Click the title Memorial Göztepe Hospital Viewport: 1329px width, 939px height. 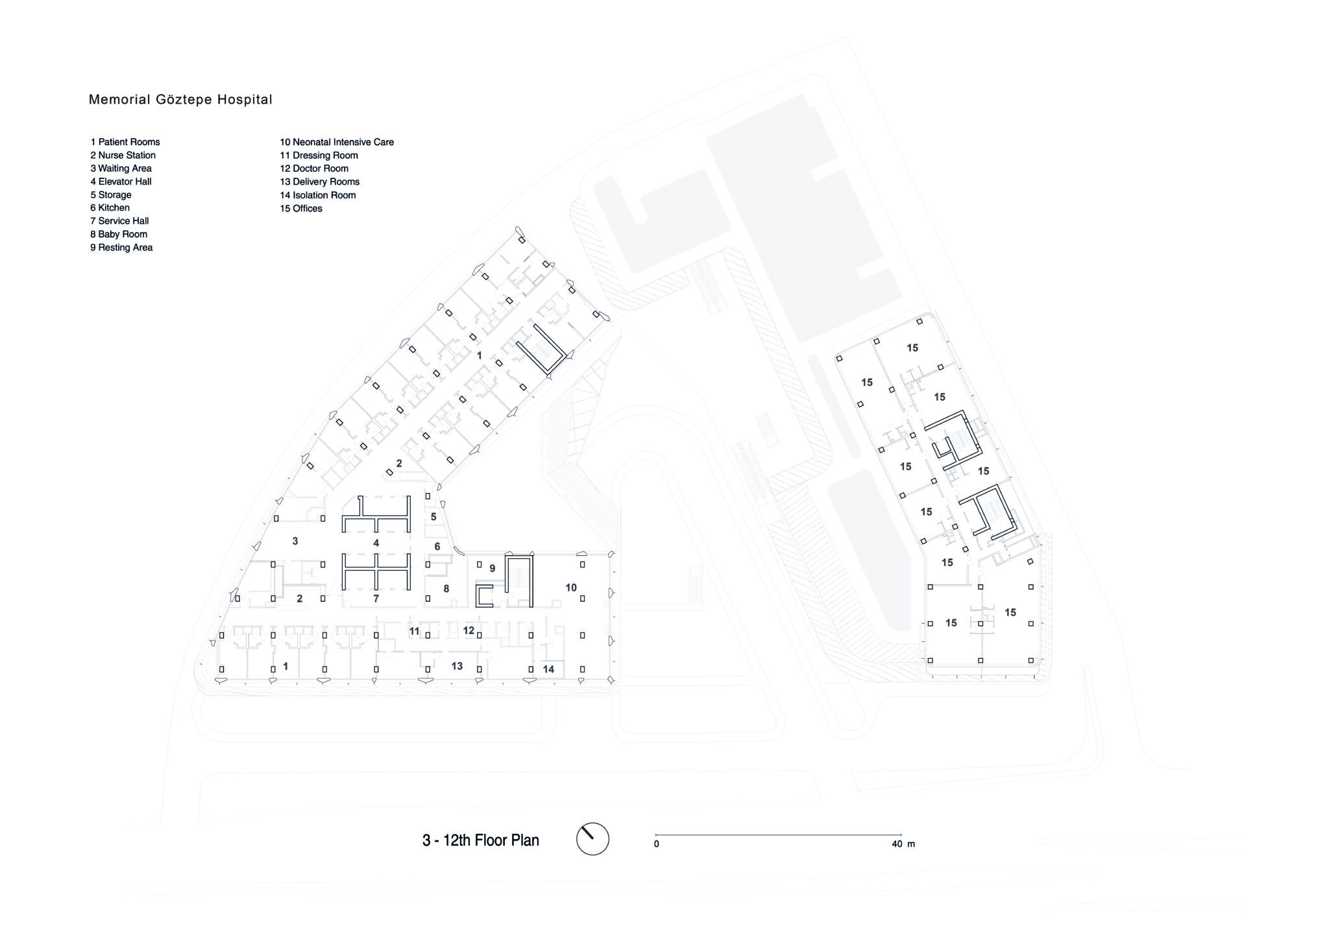[180, 100]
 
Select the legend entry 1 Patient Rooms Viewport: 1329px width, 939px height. [125, 142]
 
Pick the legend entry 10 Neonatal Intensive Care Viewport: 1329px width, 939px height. [337, 142]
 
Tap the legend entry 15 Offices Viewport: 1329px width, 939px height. [301, 208]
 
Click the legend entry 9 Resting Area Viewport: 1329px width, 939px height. [121, 248]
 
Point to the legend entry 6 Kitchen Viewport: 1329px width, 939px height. [110, 208]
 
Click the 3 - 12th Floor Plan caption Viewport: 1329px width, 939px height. [481, 840]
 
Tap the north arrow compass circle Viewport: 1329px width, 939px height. [592, 839]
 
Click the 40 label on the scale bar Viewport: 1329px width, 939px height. [897, 844]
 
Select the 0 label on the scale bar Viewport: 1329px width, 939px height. [656, 844]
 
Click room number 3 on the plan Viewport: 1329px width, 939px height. [295, 541]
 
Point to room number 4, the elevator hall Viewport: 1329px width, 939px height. [376, 543]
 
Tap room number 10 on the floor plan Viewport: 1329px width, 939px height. [571, 588]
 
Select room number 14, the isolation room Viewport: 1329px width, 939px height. [549, 669]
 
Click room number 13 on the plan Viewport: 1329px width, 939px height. [457, 666]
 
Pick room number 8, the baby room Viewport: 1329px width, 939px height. [446, 589]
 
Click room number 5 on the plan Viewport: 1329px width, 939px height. [433, 517]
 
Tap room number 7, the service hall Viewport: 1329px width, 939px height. [376, 599]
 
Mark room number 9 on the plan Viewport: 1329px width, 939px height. [493, 569]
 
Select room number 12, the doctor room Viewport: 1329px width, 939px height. [469, 630]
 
